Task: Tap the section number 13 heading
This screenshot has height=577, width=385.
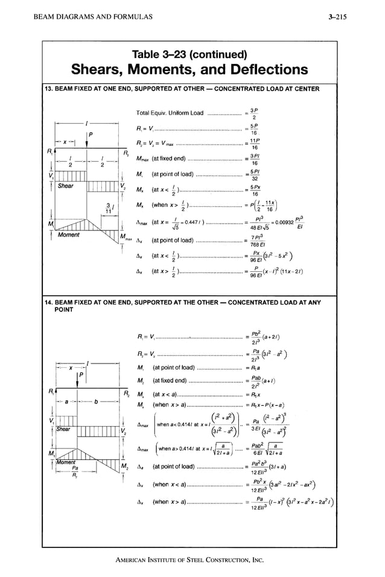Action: click(x=49, y=89)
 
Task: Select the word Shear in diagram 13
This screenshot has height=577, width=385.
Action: click(x=66, y=186)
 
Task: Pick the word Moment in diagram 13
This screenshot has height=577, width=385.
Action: click(x=69, y=235)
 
